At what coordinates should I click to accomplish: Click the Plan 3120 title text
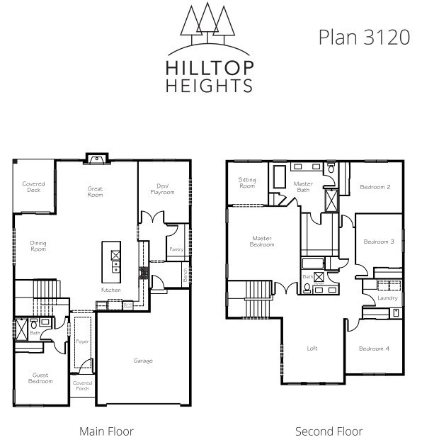pos(363,37)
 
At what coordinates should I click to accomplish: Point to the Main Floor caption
pos(106,431)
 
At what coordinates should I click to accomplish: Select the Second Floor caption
pos(329,431)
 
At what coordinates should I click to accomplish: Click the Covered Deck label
pos(33,187)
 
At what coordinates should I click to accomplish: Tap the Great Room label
pos(95,191)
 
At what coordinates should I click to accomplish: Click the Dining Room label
pos(38,246)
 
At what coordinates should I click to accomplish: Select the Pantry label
pos(176,249)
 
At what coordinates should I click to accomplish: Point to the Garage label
pos(143,361)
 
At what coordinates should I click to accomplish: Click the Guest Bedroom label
pos(40,378)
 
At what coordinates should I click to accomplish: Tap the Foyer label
pos(82,341)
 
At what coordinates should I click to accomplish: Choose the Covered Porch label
pos(82,385)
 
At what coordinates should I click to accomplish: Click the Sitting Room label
pos(247,183)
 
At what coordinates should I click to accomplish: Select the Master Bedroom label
pos(261,241)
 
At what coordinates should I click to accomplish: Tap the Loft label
pos(312,348)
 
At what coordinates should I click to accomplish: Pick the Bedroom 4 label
pos(373,348)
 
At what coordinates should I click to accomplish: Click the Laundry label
pos(387,298)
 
